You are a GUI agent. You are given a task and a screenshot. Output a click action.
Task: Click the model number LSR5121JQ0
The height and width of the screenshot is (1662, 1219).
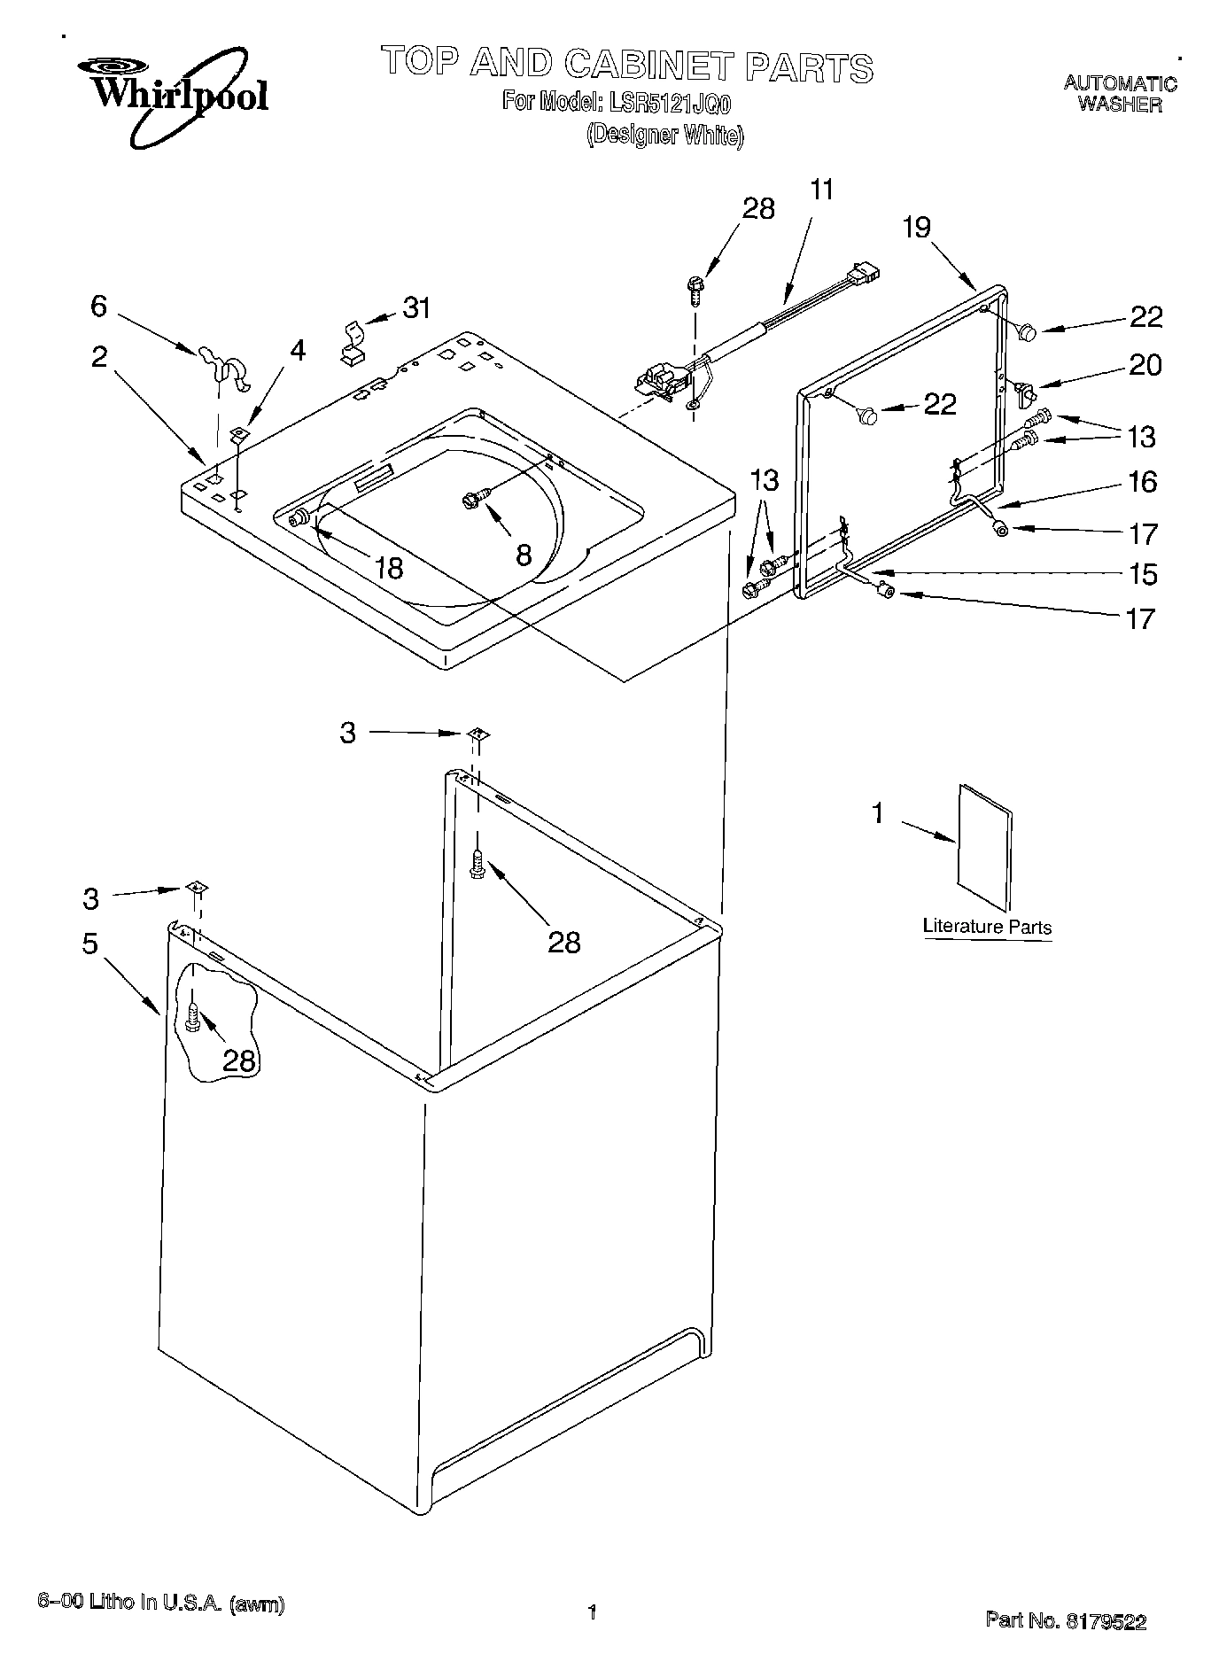pyautogui.click(x=670, y=102)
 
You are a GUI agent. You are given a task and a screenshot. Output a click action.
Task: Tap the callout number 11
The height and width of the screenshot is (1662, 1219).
pyautogui.click(x=821, y=190)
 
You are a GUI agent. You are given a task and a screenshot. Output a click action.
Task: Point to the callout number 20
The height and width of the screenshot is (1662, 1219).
pyautogui.click(x=1145, y=365)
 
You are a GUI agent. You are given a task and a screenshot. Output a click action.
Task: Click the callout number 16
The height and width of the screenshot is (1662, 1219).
pyautogui.click(x=1143, y=482)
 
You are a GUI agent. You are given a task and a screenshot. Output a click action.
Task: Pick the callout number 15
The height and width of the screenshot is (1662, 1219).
pyautogui.click(x=1144, y=574)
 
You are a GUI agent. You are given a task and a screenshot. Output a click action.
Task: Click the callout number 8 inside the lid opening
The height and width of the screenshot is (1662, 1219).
pyautogui.click(x=524, y=555)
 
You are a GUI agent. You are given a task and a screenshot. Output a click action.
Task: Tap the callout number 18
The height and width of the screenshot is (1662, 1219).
pyautogui.click(x=389, y=567)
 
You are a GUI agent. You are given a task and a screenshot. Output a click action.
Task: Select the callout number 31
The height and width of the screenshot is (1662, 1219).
pyautogui.click(x=416, y=307)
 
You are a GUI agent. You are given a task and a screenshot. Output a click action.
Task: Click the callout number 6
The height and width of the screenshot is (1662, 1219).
pyautogui.click(x=98, y=306)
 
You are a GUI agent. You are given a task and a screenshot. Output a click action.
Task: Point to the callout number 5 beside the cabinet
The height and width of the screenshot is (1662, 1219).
pyautogui.click(x=89, y=944)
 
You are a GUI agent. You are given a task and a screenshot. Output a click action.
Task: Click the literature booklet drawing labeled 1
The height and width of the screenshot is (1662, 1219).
pyautogui.click(x=983, y=846)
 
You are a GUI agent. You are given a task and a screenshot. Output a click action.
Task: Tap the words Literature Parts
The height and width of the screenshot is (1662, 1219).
pyautogui.click(x=987, y=928)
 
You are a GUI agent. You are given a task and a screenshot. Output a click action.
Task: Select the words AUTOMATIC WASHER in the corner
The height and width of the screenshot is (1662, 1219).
pyautogui.click(x=1120, y=94)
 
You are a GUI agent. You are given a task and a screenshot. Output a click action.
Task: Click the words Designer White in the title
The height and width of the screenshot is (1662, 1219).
pyautogui.click(x=664, y=136)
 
